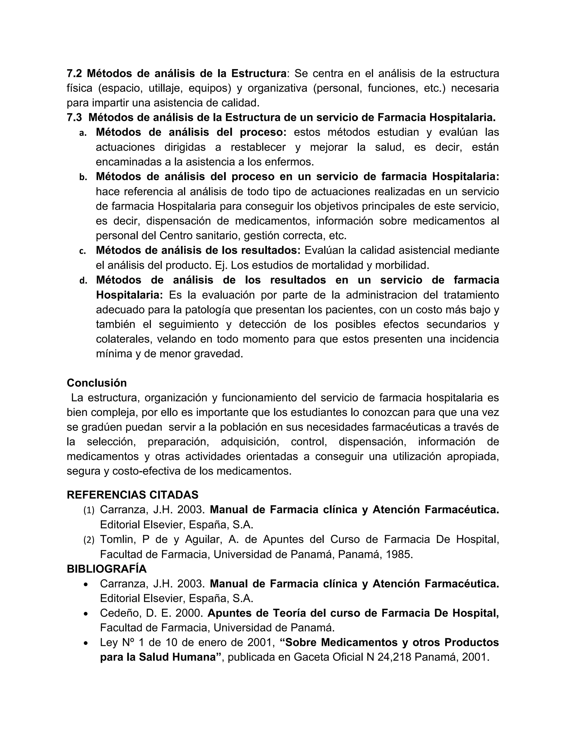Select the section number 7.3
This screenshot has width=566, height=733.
[x=74, y=118]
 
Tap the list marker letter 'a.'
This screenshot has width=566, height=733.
[x=83, y=133]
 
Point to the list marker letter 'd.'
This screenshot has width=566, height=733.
[x=83, y=281]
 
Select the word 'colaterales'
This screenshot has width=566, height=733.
[x=121, y=339]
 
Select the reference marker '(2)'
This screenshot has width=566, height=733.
[x=89, y=540]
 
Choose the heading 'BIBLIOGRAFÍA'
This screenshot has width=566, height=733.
[x=107, y=569]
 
